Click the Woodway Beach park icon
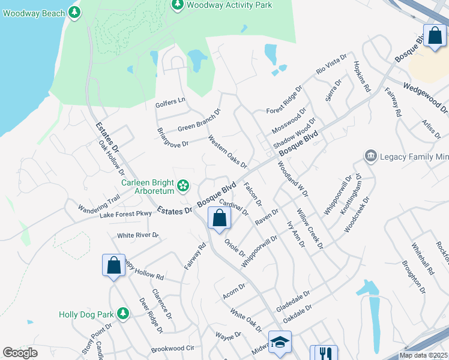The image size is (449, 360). (74, 12)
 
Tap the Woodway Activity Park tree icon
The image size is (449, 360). (178, 5)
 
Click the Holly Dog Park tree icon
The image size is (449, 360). (123, 314)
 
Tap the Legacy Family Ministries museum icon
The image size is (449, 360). (370, 157)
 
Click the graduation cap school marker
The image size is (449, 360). (279, 343)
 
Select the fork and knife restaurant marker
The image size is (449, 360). (327, 353)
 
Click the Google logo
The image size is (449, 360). (20, 353)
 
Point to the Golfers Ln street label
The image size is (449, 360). (170, 103)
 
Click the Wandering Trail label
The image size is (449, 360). (98, 203)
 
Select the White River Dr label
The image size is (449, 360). (137, 235)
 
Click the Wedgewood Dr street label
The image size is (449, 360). (426, 98)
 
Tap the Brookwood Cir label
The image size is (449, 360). (173, 348)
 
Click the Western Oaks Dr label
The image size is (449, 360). (228, 152)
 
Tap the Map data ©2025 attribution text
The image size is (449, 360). (424, 355)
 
